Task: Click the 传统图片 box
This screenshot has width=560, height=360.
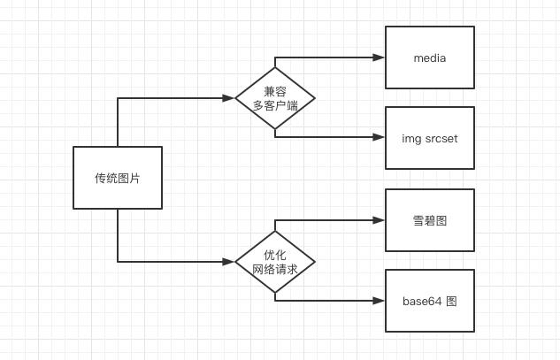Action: point(117,178)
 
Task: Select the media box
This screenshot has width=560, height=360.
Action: point(429,57)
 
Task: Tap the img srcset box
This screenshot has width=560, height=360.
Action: point(429,138)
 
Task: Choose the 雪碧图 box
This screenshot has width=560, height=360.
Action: point(429,220)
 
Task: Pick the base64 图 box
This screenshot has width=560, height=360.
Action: point(429,301)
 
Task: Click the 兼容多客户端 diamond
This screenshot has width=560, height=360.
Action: point(275,97)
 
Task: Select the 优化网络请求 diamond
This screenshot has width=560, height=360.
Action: point(275,261)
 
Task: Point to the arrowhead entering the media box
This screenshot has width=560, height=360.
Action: point(379,57)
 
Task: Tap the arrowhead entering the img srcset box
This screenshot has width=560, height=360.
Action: point(379,138)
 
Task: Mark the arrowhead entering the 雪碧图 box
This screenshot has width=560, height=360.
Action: point(379,220)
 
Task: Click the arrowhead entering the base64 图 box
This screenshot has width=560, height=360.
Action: point(379,301)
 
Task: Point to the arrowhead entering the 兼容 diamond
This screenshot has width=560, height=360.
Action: point(229,97)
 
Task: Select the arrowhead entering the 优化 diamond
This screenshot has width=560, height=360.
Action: point(229,261)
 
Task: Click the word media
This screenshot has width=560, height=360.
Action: point(430,58)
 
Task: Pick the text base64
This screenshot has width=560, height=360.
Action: point(421,302)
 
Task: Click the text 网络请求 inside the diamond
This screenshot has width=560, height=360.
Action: point(275,269)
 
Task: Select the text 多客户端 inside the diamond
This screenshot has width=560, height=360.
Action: point(275,105)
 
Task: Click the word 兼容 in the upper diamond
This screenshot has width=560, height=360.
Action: point(275,91)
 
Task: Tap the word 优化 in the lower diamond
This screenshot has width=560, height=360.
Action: point(275,255)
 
